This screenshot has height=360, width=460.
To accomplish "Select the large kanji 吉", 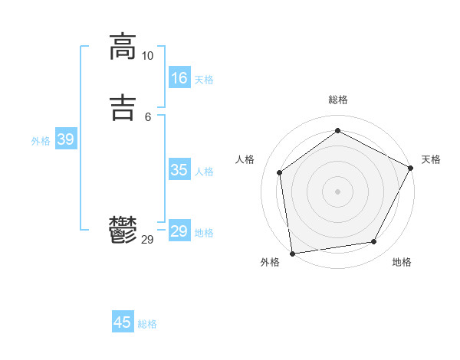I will coord(123,106).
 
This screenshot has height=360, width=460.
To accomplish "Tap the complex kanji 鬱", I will coord(123,231).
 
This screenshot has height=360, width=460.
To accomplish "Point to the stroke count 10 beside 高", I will coord(147,56).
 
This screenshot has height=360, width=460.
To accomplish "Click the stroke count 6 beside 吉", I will coord(147,116).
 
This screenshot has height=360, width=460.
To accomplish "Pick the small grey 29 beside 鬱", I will coord(147,240).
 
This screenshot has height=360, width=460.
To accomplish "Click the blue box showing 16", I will coord(179,78).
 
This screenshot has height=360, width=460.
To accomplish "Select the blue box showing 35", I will coord(179,170).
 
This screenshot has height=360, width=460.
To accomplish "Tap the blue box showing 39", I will coord(65,139).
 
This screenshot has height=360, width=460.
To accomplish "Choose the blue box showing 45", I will coord(123,322).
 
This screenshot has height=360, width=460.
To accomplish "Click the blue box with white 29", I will coord(179,231).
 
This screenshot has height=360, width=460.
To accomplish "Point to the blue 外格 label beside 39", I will coord(41,141).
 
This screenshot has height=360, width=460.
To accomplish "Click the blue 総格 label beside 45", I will coord(147,324).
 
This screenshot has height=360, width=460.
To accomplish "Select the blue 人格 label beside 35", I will coord(204,172).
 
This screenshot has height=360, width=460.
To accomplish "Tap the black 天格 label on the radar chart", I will coord(431,159).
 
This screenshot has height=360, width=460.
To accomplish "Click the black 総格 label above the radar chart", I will coord(337,100).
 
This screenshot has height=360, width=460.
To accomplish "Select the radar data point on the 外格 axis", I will coord(292,253).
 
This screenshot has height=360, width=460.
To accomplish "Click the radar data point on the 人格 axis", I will coord(280,172).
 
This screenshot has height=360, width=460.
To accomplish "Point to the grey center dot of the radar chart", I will coord(337,191).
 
